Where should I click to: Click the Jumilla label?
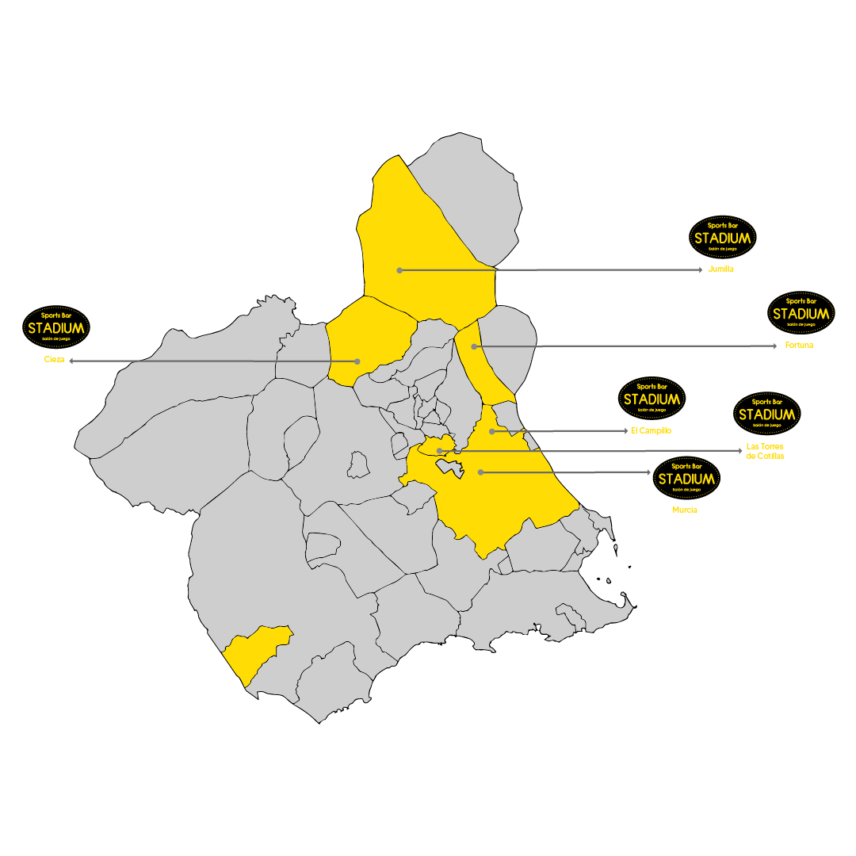click(720, 269)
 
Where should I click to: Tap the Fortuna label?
click(800, 346)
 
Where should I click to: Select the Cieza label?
click(54, 361)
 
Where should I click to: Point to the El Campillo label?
click(652, 431)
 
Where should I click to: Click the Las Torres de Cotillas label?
click(765, 452)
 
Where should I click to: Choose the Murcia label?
click(685, 510)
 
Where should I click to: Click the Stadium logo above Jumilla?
click(723, 237)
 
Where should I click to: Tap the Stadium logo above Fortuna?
click(801, 312)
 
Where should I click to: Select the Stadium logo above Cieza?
click(55, 327)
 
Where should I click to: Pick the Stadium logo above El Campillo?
click(652, 398)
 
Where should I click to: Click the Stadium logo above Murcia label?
click(686, 478)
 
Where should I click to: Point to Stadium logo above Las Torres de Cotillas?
click(766, 413)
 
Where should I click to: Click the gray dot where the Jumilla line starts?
click(399, 270)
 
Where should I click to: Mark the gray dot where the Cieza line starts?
click(357, 361)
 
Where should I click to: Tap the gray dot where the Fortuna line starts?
click(474, 346)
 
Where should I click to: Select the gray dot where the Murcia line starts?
click(480, 472)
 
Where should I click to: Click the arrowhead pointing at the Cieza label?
click(72, 361)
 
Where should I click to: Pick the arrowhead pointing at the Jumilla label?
click(700, 270)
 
